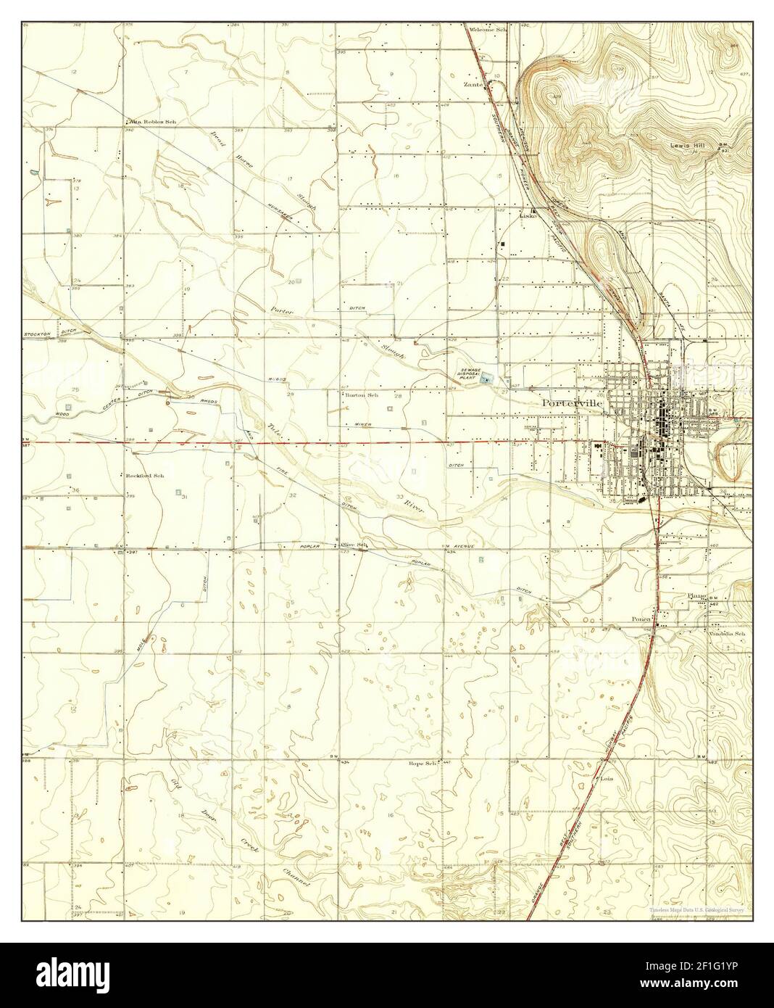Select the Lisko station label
tap(529, 215)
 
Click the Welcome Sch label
tap(487, 30)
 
